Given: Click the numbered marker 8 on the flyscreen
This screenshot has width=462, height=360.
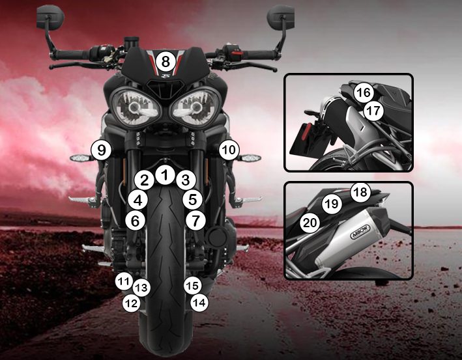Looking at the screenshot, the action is [x=166, y=62].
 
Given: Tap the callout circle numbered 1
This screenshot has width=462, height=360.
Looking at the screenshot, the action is [x=166, y=175].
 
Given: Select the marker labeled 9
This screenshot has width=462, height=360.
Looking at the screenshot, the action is [x=101, y=150].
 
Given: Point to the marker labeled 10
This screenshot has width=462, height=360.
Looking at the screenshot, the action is [x=229, y=150].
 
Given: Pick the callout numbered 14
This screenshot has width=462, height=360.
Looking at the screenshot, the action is [x=199, y=302].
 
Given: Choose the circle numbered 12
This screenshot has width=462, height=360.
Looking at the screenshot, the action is [x=132, y=303].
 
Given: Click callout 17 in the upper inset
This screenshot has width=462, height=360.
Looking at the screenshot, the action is [x=373, y=111].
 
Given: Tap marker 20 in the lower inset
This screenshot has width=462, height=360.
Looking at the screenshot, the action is [x=310, y=223].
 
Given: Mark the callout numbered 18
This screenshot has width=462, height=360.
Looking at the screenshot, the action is [x=360, y=192].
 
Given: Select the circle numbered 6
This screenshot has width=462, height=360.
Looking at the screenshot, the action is [x=136, y=221].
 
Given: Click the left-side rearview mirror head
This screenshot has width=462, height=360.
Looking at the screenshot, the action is [x=50, y=17].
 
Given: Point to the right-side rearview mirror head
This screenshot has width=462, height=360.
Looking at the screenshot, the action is [x=280, y=17].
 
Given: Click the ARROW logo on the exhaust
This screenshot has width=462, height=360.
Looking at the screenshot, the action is [x=360, y=232].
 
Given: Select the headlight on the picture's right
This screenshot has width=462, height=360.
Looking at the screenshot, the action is [x=195, y=107].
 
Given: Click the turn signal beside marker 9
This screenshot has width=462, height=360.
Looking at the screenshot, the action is [x=81, y=158].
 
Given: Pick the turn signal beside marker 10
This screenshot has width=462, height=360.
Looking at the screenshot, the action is [x=249, y=158].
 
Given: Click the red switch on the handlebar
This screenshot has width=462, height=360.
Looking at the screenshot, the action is [x=237, y=55].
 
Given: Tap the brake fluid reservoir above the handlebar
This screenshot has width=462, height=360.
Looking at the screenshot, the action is [x=132, y=43].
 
